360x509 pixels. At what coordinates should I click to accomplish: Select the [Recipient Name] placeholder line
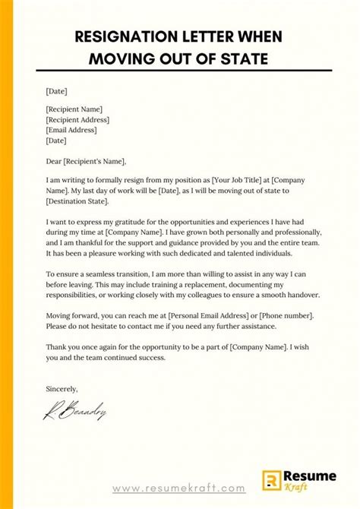click(74, 109)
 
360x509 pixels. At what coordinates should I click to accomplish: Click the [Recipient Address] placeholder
click(77, 119)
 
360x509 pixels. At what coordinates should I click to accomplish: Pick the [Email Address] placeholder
click(72, 130)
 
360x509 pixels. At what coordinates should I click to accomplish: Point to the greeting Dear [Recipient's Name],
click(86, 161)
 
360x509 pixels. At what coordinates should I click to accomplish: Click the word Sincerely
click(63, 388)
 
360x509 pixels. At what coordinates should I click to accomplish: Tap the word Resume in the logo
click(305, 475)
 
